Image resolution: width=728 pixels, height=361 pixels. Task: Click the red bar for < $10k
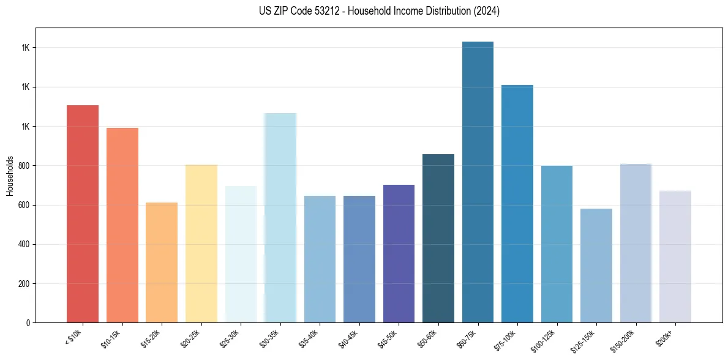click(x=83, y=214)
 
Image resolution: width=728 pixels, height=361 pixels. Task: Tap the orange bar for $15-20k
click(x=162, y=262)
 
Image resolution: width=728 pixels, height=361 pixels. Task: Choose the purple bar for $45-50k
click(x=399, y=253)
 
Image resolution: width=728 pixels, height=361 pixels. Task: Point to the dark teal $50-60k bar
click(x=438, y=239)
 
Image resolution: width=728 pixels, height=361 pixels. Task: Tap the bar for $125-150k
click(x=596, y=266)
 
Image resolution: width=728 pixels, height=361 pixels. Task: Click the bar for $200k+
click(x=675, y=257)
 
